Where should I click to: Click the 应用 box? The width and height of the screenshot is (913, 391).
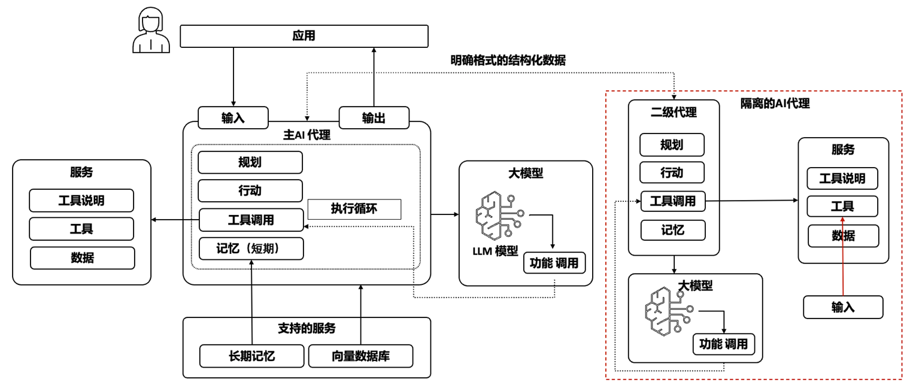304,37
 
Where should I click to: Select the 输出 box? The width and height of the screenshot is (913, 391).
374,118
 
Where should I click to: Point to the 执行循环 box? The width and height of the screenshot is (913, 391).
354,209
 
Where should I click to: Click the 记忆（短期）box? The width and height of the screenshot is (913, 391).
251,248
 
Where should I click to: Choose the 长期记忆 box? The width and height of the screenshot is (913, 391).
251,356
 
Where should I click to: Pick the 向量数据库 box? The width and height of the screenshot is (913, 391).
360,356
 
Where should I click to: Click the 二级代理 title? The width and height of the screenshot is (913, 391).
674,112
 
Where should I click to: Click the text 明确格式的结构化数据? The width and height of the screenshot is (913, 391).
508,60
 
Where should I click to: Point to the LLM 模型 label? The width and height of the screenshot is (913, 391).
495,251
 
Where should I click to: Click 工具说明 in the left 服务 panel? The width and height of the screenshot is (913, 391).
81,201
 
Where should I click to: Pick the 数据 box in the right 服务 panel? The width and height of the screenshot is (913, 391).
843,236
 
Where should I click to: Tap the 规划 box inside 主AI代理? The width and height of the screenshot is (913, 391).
250,163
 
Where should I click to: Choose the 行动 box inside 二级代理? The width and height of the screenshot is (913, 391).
672,172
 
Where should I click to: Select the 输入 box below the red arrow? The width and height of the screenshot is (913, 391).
843,307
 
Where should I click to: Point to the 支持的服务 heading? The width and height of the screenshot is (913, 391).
307,328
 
